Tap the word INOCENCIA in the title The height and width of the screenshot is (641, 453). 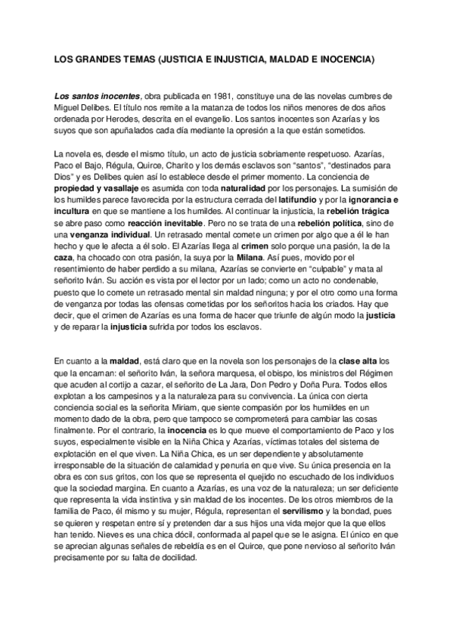point(344,58)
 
